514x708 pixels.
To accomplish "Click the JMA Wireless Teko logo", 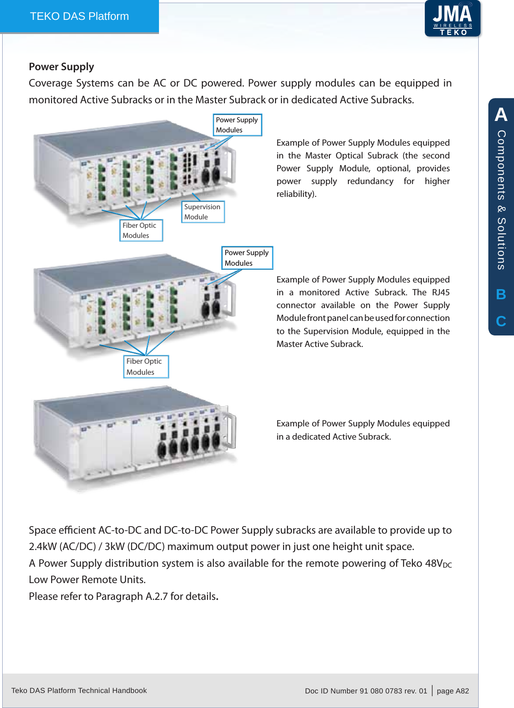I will [x=452, y=19].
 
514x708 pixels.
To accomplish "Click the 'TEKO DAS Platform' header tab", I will [x=79, y=16].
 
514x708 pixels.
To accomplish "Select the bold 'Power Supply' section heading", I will [x=61, y=67].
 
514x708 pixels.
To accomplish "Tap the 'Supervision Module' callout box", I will [x=203, y=212].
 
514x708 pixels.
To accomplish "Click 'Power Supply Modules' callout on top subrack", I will [x=238, y=125].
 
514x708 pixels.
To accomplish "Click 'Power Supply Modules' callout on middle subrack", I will [x=247, y=258].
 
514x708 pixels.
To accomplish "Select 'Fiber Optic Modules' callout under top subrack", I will [x=141, y=230].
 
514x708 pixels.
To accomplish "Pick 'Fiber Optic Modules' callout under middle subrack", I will [x=146, y=367].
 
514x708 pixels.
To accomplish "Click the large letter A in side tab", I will [x=501, y=114].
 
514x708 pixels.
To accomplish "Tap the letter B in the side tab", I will [x=501, y=294].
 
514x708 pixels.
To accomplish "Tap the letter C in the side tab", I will [x=501, y=321].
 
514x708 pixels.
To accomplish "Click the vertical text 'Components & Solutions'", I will [x=501, y=200].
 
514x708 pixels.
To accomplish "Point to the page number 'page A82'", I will [x=453, y=691].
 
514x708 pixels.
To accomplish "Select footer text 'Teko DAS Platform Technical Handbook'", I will [x=79, y=690].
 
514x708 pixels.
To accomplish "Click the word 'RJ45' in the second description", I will [x=441, y=292].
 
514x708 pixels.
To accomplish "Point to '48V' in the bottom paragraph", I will [x=434, y=563].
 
